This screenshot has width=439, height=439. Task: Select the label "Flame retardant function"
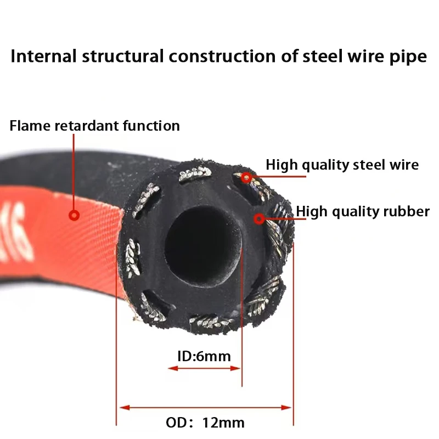click(x=94, y=126)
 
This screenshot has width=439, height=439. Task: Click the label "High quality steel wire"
click(x=342, y=164)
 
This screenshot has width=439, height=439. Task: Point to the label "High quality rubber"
click(x=363, y=211)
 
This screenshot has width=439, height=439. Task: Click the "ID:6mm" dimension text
click(x=204, y=356)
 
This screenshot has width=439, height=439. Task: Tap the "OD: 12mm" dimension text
click(x=205, y=423)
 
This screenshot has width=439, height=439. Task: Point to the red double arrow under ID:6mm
click(x=204, y=368)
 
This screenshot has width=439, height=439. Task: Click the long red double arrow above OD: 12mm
click(x=205, y=407)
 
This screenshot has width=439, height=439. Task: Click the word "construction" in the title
click(x=219, y=57)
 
